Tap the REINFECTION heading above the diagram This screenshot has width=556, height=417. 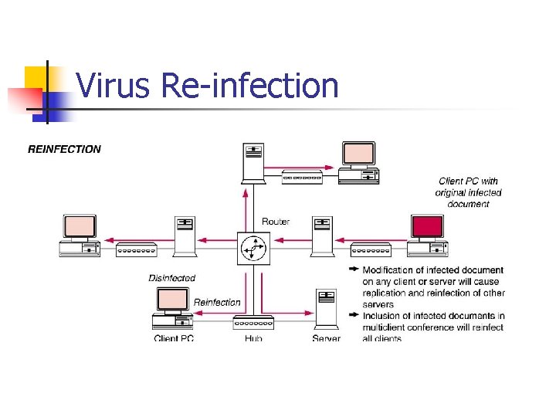(64, 149)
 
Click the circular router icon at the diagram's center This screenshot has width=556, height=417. (253, 249)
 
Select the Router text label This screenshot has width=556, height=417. (276, 222)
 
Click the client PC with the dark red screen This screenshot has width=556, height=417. (427, 235)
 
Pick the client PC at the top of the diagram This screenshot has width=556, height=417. (359, 162)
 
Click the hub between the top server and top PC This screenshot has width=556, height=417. (303, 178)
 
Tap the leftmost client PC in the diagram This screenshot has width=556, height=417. (80, 235)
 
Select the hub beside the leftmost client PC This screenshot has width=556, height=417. (137, 249)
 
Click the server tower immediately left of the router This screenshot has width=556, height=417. (185, 236)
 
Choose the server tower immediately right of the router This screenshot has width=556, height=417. (321, 236)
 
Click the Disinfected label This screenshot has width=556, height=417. (172, 278)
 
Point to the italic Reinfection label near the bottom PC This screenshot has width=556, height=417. (217, 302)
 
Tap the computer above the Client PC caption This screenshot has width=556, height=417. (172, 308)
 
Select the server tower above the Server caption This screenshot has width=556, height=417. (326, 309)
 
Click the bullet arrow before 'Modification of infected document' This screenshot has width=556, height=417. (354, 270)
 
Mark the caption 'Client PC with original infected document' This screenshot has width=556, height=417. (468, 192)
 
